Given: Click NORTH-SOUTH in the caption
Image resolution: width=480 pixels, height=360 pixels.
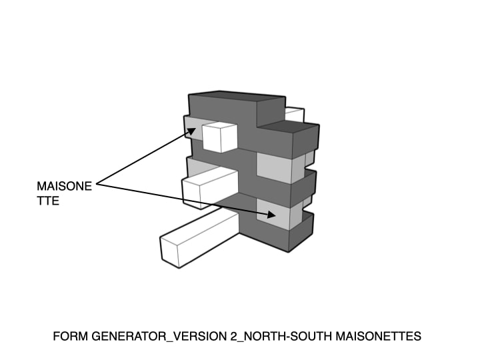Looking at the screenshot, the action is click(288, 336).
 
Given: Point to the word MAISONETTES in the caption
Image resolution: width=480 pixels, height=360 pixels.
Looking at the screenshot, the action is click(379, 336).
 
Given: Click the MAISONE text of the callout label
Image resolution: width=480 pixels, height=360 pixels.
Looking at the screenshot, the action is click(64, 186).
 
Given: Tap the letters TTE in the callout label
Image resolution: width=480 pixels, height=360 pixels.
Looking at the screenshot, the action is click(48, 201).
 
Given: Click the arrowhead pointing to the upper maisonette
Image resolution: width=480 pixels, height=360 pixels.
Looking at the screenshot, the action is click(191, 131).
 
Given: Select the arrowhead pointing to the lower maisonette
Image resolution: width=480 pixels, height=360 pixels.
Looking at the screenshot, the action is click(271, 215).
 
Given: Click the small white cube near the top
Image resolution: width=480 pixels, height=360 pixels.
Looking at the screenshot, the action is click(220, 137).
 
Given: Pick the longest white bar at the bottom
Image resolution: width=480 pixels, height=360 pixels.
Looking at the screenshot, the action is click(199, 239).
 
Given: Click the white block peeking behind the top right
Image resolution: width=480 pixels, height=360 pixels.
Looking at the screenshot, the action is click(295, 115).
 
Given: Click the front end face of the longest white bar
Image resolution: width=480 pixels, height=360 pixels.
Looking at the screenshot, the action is click(169, 253).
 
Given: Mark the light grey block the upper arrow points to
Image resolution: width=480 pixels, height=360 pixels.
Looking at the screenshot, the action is click(193, 127).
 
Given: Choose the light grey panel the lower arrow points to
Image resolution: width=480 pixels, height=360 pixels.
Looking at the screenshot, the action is click(273, 213).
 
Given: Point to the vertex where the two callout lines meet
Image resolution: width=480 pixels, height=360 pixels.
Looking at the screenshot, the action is click(97, 184).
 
